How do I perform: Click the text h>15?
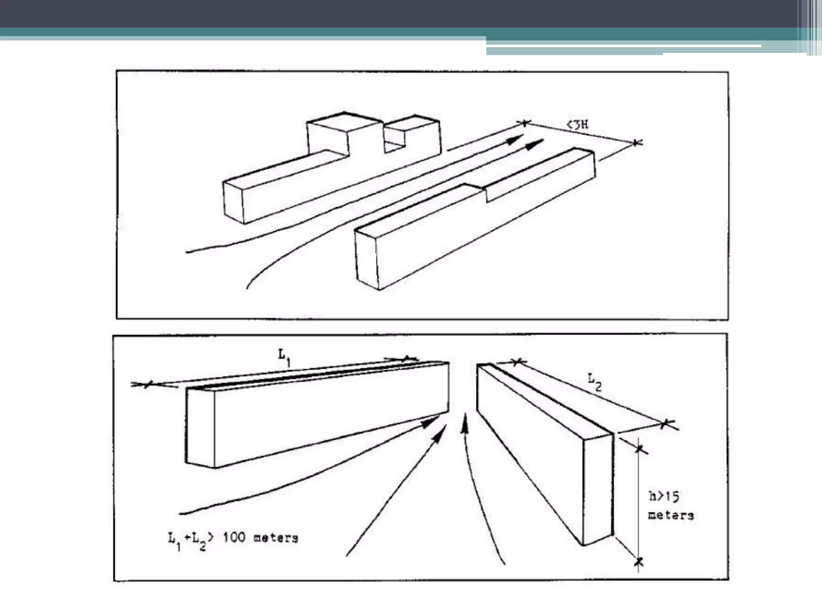(664, 497)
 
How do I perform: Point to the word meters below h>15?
(671, 515)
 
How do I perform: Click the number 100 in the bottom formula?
(234, 537)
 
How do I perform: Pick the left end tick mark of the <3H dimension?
(525, 122)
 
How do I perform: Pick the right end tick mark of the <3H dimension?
(636, 142)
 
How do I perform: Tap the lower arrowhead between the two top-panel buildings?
(535, 145)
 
